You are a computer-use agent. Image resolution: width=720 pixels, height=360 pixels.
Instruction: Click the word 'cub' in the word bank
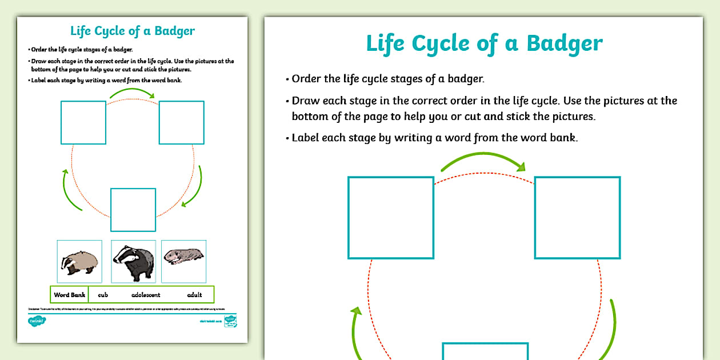pos(103,295)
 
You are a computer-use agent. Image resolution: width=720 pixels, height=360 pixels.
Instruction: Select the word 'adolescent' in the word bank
pos(146,295)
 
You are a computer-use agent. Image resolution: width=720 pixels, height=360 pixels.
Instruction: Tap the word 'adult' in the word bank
pos(194,295)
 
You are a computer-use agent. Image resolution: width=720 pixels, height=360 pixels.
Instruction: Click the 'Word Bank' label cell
pos(69,295)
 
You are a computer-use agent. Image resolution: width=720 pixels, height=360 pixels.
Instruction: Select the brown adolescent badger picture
pos(79,262)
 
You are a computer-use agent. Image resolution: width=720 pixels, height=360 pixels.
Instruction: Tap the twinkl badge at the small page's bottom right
pos(230,320)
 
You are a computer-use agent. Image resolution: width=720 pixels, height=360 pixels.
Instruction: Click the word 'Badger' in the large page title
pos(565,43)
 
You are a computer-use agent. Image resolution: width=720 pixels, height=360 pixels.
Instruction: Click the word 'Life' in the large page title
pos(386,43)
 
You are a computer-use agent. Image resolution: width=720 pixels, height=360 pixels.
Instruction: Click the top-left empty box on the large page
pos(391,218)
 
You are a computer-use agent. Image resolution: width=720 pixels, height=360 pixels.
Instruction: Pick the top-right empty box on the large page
pos(577,218)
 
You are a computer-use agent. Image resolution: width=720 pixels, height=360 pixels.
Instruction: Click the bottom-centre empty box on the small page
pos(133,210)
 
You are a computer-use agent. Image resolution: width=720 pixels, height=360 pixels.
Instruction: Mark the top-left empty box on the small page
pos(83,122)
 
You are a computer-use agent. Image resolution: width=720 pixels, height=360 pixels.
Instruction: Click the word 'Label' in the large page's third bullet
pos(306,138)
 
